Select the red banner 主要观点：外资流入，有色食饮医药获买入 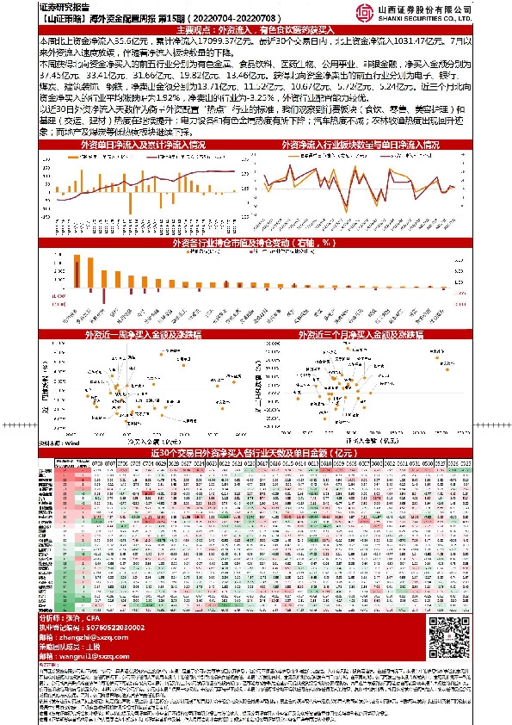click(x=256, y=28)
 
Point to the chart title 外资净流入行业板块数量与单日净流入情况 click(x=367, y=146)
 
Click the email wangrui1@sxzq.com click(x=90, y=656)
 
